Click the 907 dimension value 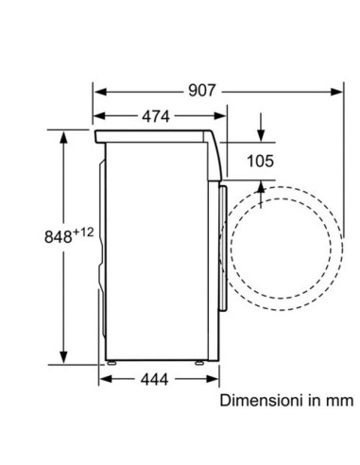click(202, 91)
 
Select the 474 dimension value click(156, 116)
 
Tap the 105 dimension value click(260, 162)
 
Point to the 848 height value click(59, 237)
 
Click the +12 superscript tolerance click(83, 232)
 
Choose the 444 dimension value click(154, 379)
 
